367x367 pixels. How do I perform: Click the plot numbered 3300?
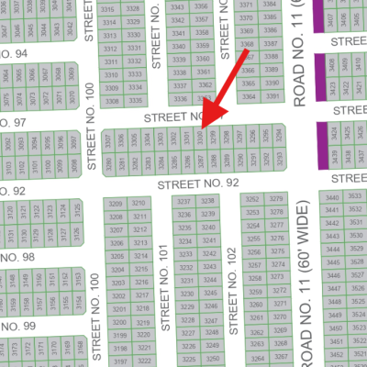point(199,139)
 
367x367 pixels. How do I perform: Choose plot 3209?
point(117,204)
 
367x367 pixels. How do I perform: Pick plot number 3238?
point(208,201)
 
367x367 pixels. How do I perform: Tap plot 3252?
point(250,199)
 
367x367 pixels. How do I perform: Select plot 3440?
point(331,197)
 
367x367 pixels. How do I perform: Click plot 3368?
point(247,44)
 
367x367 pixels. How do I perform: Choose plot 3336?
point(180,99)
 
